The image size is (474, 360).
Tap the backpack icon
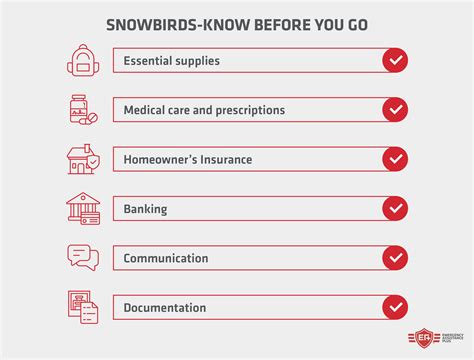82,61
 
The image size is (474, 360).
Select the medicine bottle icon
82,110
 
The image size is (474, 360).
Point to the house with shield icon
82,159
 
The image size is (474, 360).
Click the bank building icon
82,208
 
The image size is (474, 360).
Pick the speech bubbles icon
82,257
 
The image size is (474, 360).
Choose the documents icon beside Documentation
82,306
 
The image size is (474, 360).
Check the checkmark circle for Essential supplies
395,61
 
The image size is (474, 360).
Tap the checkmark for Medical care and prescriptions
395,110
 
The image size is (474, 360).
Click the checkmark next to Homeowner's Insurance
395,159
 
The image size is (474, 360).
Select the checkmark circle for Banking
395,208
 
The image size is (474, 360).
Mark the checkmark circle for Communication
395,257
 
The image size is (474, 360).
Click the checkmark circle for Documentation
395,306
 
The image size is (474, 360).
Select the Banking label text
145,209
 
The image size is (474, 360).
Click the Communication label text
166,258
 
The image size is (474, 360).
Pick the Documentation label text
166,307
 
